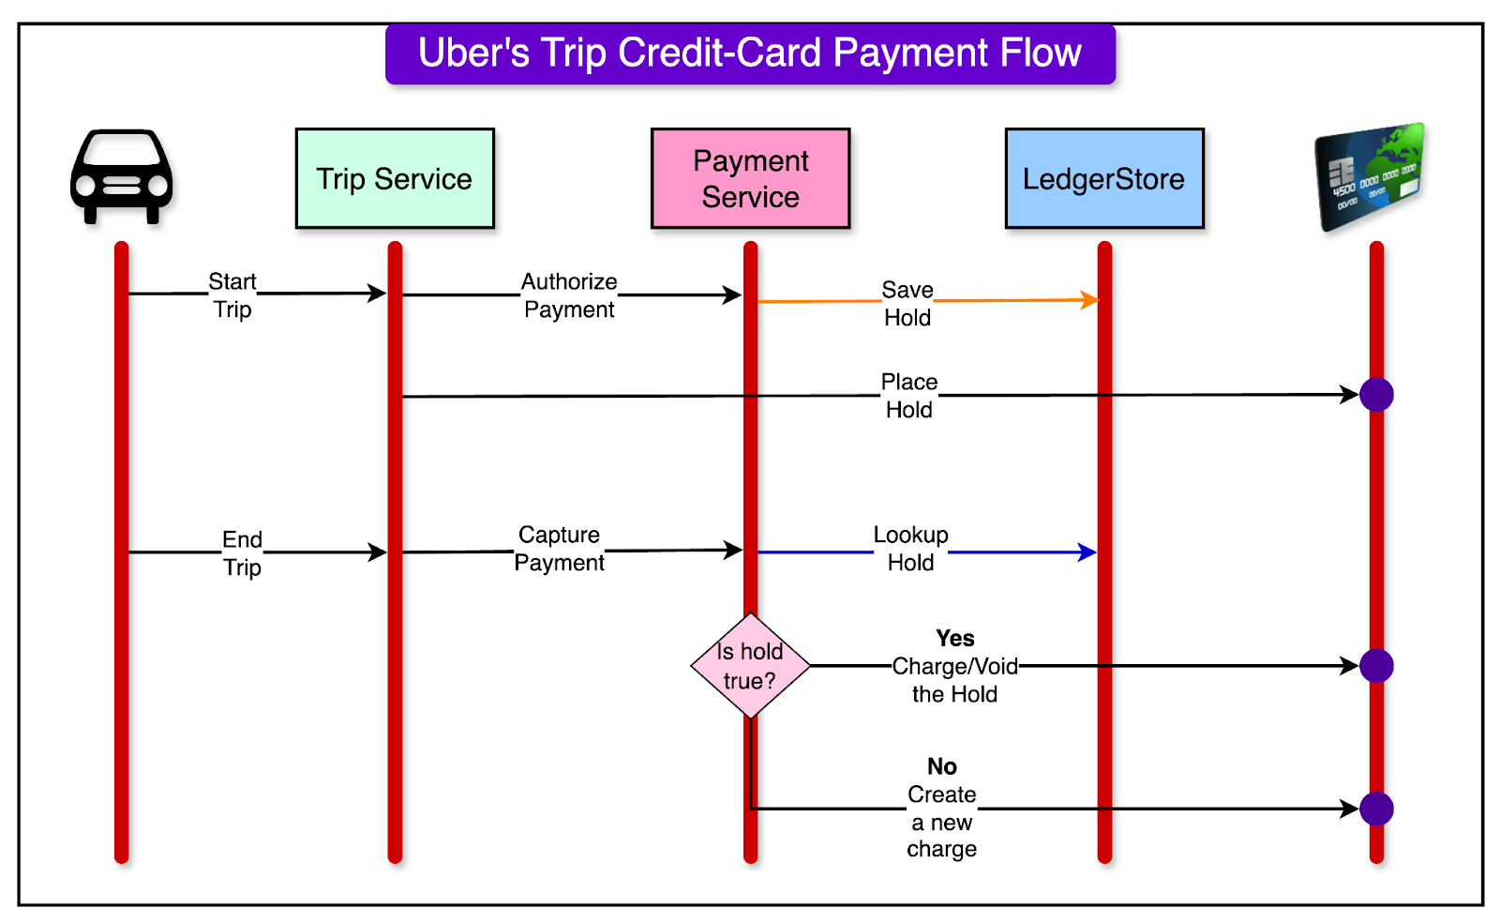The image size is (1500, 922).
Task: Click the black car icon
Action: (121, 176)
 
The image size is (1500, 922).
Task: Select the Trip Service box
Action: (395, 178)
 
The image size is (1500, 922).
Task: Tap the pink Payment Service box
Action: (750, 178)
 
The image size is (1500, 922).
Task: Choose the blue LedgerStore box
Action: (1104, 178)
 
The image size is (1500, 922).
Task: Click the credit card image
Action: (1370, 176)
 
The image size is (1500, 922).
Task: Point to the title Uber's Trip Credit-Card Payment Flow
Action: (750, 53)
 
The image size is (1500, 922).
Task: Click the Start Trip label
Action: (232, 295)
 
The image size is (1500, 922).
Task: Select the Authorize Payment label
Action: (569, 295)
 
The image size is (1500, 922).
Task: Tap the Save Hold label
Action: (907, 303)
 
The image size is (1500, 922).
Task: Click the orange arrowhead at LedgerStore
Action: (1089, 300)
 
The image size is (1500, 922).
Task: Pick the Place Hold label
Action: (908, 396)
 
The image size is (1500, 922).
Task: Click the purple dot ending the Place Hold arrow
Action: (1376, 395)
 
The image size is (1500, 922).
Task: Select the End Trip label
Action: (242, 553)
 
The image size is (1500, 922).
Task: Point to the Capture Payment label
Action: (560, 549)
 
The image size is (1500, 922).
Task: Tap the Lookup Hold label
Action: (910, 549)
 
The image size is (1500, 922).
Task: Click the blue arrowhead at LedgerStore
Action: (1087, 552)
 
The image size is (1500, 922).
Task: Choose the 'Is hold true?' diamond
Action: (750, 666)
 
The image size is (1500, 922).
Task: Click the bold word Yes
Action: (954, 639)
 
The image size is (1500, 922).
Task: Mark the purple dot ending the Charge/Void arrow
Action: (1376, 666)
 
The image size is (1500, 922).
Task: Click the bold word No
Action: (942, 767)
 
